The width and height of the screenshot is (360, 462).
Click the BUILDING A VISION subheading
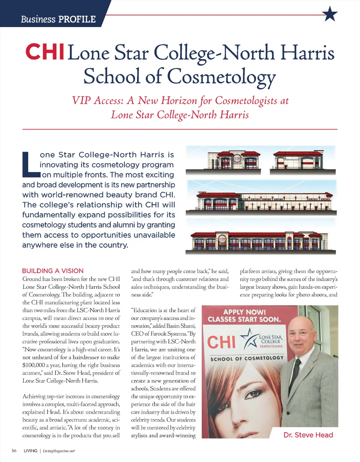coord(55,270)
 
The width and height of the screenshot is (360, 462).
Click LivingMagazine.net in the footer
coord(60,451)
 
